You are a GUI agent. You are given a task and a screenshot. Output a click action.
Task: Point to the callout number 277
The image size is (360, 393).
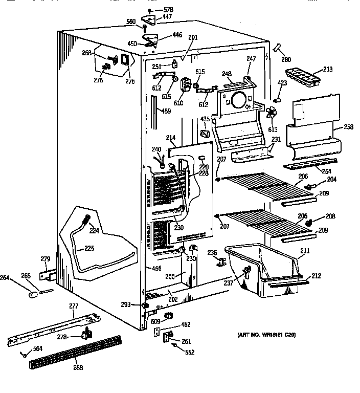pyautogui.click(x=74, y=306)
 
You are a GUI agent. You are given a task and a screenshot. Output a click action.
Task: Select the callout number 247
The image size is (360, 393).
pyautogui.click(x=251, y=59)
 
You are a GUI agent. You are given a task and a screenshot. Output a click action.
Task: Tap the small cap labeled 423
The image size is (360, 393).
pyautogui.click(x=280, y=95)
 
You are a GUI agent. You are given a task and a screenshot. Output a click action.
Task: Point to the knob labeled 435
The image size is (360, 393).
pyautogui.click(x=205, y=134)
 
